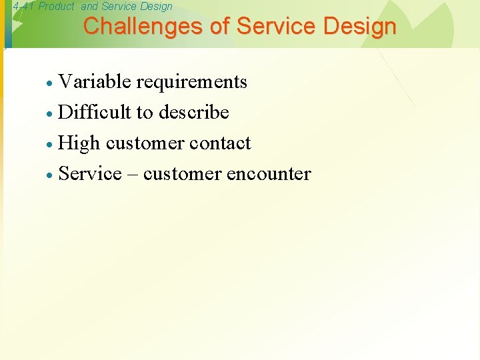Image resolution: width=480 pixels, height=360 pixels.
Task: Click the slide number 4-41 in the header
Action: click(x=23, y=7)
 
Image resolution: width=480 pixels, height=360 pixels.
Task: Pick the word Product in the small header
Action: click(x=57, y=7)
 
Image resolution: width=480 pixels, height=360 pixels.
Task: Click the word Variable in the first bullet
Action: click(x=95, y=82)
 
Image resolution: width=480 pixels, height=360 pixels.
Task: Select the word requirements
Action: click(x=191, y=82)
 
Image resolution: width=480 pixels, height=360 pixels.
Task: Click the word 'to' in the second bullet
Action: click(x=145, y=113)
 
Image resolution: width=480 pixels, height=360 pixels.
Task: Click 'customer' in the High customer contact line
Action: click(x=145, y=143)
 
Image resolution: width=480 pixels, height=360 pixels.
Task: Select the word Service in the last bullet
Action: click(x=90, y=174)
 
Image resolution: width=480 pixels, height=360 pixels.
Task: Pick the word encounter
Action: click(x=269, y=174)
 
